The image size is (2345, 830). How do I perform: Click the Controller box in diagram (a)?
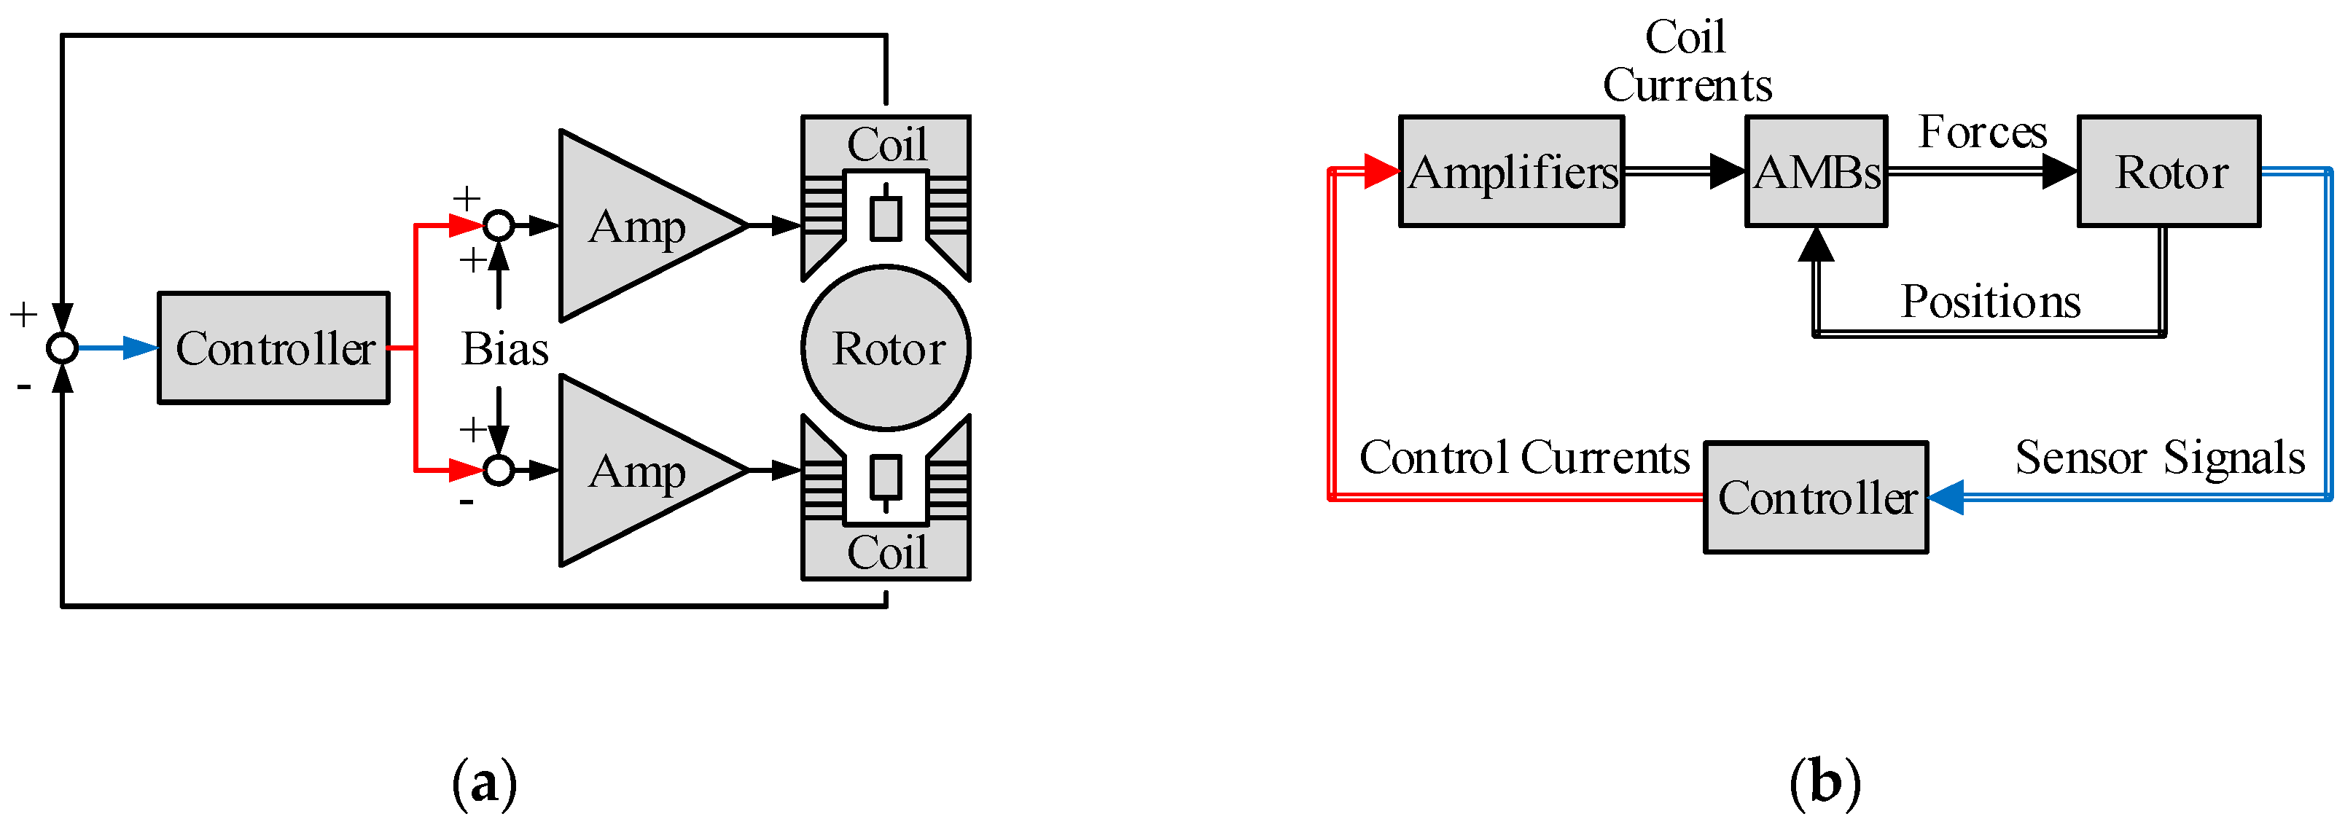[273, 348]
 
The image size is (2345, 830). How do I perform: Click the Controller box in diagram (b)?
[1815, 498]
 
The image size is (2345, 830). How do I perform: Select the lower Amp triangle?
[637, 471]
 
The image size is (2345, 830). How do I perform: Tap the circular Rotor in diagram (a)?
[886, 348]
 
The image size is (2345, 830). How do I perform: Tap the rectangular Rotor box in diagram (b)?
[2169, 171]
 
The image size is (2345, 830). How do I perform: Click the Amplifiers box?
[1511, 171]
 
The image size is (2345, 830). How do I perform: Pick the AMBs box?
[1815, 171]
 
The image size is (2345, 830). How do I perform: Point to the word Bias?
[504, 348]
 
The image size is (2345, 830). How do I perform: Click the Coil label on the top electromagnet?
[886, 144]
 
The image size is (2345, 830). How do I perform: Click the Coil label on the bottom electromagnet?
[886, 552]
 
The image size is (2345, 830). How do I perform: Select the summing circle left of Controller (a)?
[62, 348]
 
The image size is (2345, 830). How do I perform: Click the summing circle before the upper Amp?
[498, 224]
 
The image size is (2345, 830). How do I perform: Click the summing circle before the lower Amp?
[498, 471]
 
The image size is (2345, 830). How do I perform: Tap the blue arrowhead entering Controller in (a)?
[141, 348]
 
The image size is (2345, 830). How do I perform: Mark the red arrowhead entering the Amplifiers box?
[1381, 171]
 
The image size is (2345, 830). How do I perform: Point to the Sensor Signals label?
[2159, 458]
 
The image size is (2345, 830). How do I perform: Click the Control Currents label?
[1524, 458]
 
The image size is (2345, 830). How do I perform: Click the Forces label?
[1983, 133]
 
